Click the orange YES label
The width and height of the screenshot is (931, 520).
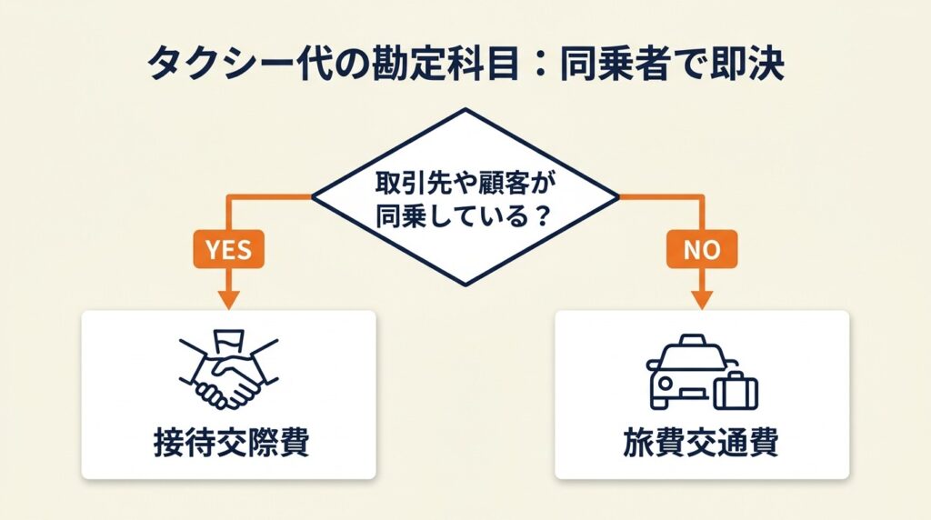(x=228, y=249)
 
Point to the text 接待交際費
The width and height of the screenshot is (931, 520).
(x=229, y=443)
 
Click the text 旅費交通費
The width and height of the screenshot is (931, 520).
(x=701, y=443)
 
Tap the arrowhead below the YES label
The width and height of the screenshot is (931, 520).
(x=228, y=299)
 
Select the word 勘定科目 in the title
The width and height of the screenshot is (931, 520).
(x=405, y=65)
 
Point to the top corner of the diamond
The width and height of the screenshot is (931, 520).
(x=465, y=110)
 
